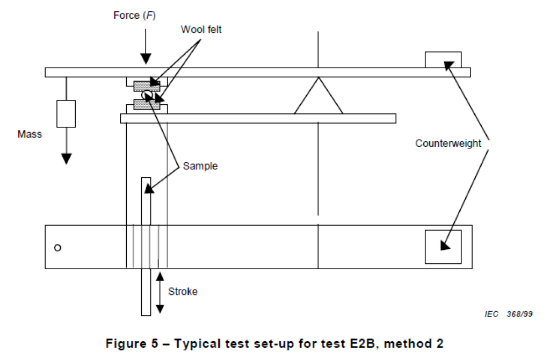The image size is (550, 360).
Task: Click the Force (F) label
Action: [134, 16]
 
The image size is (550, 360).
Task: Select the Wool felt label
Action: [201, 30]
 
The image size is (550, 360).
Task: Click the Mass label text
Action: [30, 134]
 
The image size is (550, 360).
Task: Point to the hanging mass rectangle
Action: [66, 113]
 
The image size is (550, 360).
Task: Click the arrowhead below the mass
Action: [66, 158]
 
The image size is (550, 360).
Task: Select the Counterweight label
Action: [448, 143]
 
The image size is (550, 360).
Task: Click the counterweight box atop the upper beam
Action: [443, 59]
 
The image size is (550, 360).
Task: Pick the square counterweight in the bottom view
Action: [443, 247]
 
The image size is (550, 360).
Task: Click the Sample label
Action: [200, 166]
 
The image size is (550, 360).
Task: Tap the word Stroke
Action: [183, 292]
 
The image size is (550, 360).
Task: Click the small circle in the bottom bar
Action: [58, 248]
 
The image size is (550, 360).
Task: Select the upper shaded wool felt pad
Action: [146, 85]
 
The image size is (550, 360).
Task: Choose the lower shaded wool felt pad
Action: [146, 105]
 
